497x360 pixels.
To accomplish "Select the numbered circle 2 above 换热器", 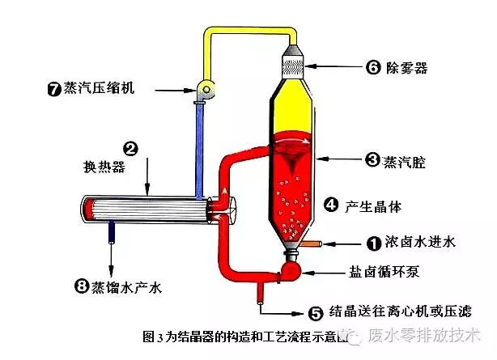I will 130,148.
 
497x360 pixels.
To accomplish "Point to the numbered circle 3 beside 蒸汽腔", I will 373,161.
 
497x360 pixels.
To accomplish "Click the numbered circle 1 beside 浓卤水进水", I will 373,241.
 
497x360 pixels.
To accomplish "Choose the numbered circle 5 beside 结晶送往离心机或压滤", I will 316,310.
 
